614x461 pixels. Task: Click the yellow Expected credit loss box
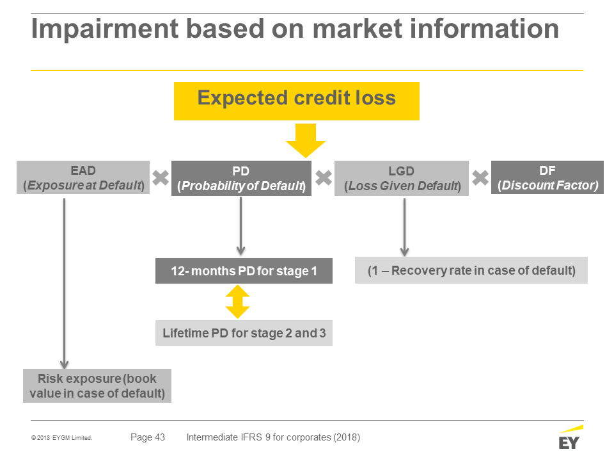[296, 101]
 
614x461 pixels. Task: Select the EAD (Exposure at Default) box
[83, 177]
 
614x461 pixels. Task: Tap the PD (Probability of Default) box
[241, 178]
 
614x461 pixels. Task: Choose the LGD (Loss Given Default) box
[402, 178]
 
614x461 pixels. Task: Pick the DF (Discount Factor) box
[547, 177]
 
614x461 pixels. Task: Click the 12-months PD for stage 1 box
[244, 270]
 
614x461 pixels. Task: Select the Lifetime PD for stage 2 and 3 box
[244, 333]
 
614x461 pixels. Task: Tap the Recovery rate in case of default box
[471, 270]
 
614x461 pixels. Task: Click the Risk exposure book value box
[97, 385]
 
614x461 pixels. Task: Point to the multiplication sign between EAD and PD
[161, 178]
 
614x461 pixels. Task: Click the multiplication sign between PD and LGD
[324, 178]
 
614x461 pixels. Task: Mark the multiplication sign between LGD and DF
[480, 178]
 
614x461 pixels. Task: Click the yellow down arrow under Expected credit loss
[306, 141]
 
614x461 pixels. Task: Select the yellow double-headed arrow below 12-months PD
[238, 302]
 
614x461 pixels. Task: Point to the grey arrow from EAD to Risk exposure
[64, 284]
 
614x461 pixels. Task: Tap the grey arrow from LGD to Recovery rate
[404, 227]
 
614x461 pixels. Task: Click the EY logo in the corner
[571, 437]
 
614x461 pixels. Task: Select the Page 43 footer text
[148, 437]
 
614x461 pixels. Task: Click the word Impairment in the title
[105, 29]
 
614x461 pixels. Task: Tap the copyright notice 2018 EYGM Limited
[62, 438]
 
